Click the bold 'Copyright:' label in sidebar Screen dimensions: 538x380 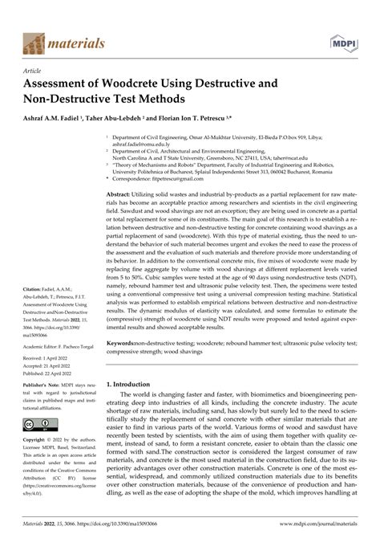(x=36, y=441)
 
